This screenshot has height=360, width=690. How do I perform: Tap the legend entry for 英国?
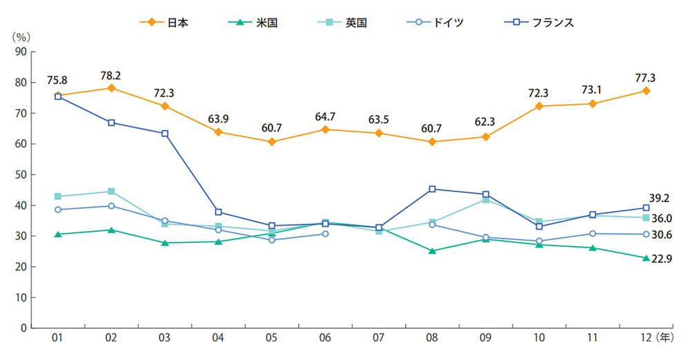click(x=344, y=22)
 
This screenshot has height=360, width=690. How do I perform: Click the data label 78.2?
click(x=111, y=75)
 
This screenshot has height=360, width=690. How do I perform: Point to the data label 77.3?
click(x=646, y=78)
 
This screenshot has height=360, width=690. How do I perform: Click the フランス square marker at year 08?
click(x=432, y=189)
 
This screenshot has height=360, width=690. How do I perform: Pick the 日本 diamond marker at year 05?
click(x=272, y=142)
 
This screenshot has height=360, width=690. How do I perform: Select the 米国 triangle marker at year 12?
click(x=646, y=258)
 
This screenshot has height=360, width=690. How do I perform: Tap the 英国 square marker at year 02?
click(x=111, y=191)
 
